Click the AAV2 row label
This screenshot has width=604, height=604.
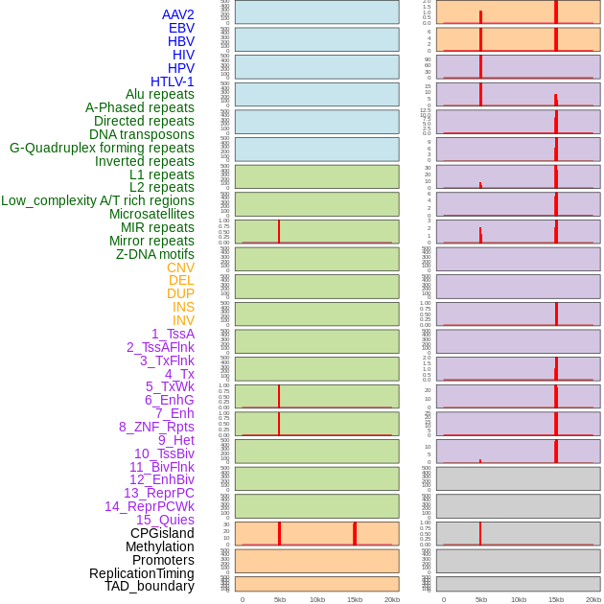coord(178,14)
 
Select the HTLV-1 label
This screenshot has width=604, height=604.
coord(173,81)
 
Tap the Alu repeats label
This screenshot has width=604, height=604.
coord(160,94)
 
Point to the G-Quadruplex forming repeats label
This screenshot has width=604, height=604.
coord(102,148)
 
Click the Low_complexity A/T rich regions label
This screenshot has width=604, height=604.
coord(98,200)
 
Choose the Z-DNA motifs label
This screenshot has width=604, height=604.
coord(155,254)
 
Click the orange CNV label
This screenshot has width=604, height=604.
coord(180,267)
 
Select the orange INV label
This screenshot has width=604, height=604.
coord(183,320)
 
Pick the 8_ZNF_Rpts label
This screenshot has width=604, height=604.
coord(156,427)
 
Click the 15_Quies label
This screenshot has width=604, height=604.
coord(165,520)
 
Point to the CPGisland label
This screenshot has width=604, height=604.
coord(162,533)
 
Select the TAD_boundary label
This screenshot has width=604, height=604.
coord(150,586)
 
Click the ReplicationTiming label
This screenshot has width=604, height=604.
coord(142,573)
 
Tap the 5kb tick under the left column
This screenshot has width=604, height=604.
coord(280,599)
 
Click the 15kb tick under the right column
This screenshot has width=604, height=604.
coord(556,599)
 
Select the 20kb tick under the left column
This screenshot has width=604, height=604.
coord(392,599)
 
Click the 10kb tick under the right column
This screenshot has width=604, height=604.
coord(519,599)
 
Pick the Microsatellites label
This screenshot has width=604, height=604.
coord(151,214)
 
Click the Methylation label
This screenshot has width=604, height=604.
coord(160,546)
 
